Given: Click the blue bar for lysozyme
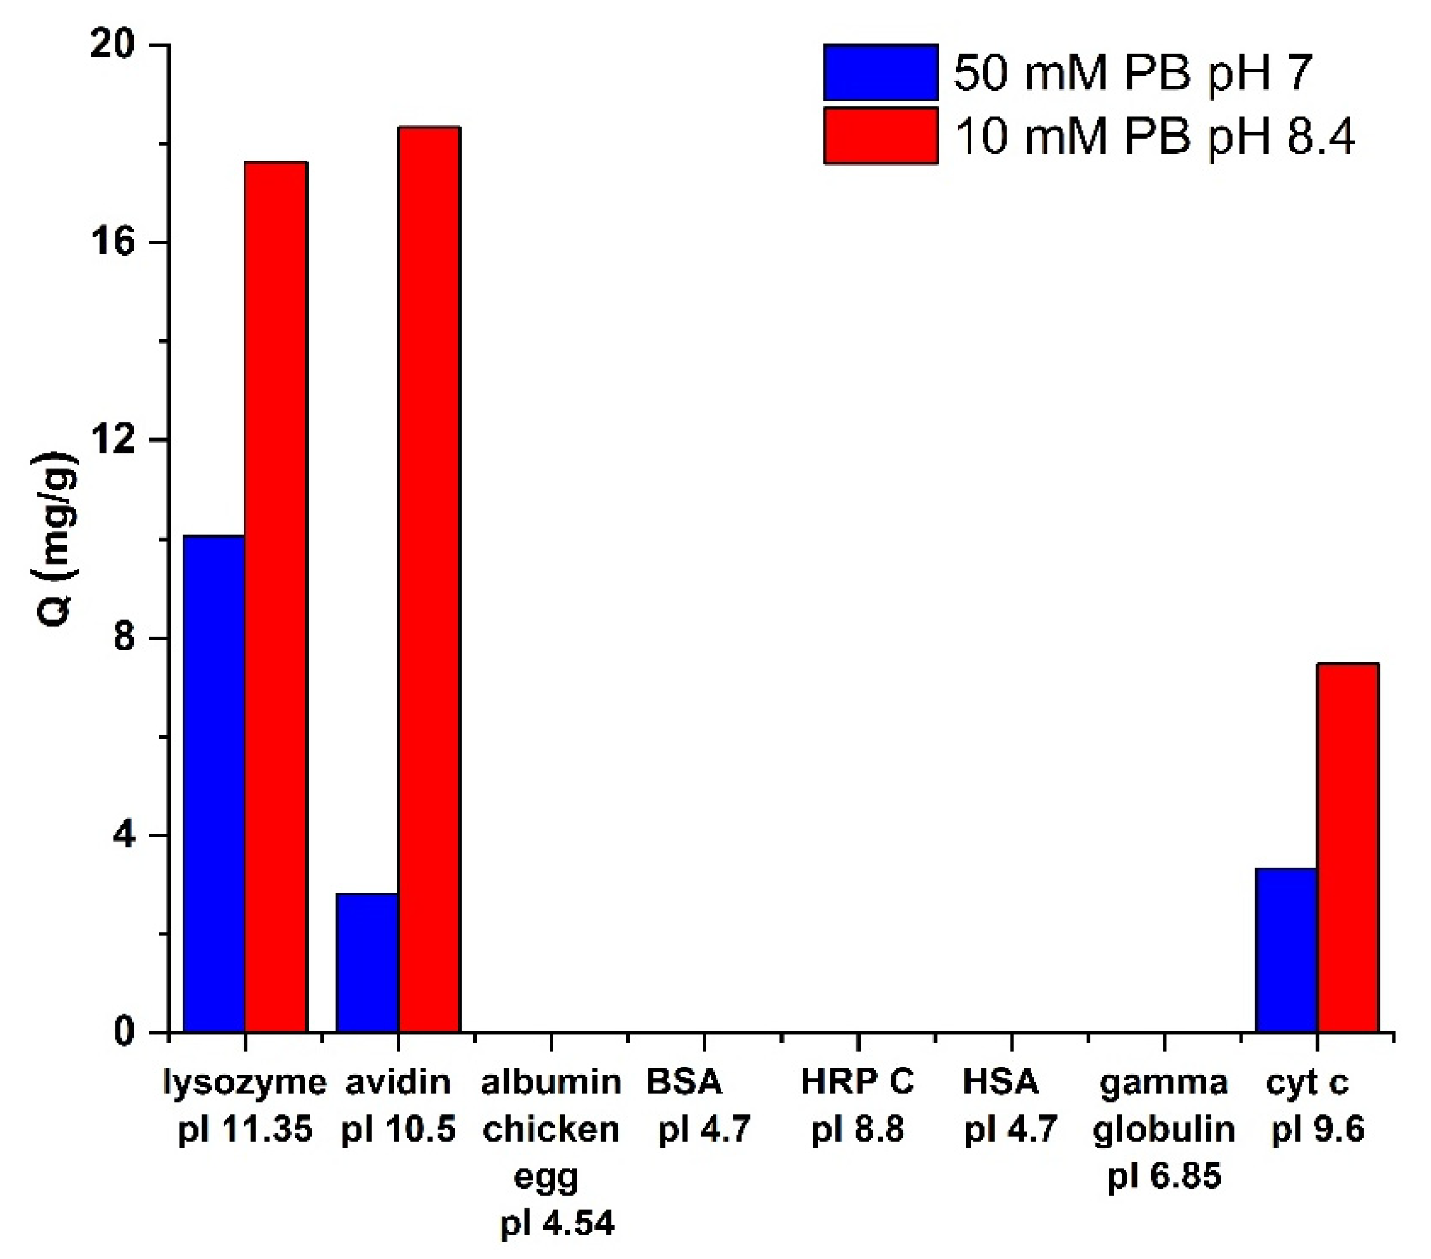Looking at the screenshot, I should point(214,784).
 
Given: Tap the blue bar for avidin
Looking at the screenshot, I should point(367,963).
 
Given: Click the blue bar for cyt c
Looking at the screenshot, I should point(1285,950).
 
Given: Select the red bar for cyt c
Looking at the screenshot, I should point(1348,847).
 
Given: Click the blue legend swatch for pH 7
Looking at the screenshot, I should point(880,73).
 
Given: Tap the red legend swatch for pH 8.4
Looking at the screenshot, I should point(880,136).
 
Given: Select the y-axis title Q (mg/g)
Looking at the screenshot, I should point(54,539).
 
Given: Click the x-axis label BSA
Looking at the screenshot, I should point(683,1083).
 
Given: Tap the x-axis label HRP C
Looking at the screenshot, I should point(857,1083).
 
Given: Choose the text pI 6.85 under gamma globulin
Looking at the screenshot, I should point(1164,1176).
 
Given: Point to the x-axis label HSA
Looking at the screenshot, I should point(1001,1083).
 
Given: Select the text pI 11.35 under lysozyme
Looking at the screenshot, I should point(245,1130).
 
